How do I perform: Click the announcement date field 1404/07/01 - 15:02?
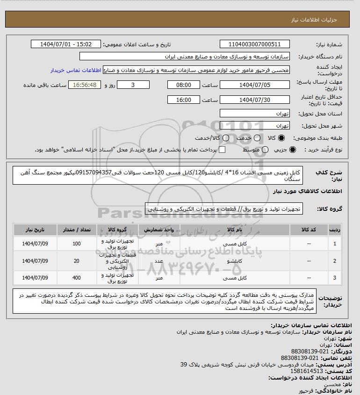click(65, 44)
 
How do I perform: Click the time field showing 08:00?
click(184, 85)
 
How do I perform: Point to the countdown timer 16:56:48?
click(85, 85)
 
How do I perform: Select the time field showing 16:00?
click(184, 100)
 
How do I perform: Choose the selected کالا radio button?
click(281, 138)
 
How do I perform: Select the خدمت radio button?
click(255, 138)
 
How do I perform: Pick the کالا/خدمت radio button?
click(226, 138)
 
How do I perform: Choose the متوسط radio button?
click(266, 150)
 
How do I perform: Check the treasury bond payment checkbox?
click(222, 150)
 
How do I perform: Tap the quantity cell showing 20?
click(77, 260)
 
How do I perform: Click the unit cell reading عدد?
click(159, 260)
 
